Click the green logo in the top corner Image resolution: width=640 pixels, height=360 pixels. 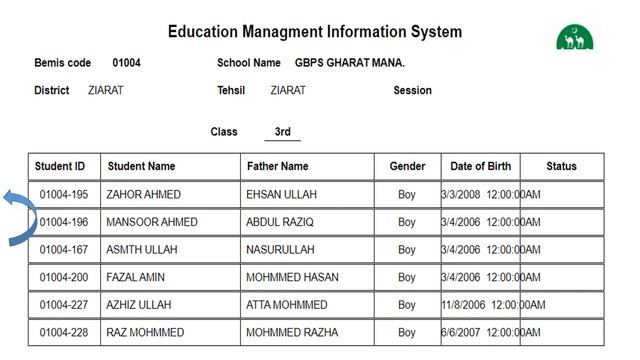pyautogui.click(x=574, y=36)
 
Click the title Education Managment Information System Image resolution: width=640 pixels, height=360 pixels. pyautogui.click(x=315, y=32)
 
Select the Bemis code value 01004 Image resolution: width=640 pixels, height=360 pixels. pyautogui.click(x=126, y=63)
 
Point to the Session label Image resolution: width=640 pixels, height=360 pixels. pyautogui.click(x=412, y=90)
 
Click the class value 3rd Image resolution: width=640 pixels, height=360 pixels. pyautogui.click(x=282, y=131)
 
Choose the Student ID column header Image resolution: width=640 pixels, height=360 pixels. pyautogui.click(x=60, y=166)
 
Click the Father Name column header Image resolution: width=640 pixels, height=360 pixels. pyautogui.click(x=277, y=166)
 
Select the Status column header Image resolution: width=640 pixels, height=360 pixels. pyautogui.click(x=561, y=166)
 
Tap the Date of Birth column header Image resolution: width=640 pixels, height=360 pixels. pyautogui.click(x=480, y=166)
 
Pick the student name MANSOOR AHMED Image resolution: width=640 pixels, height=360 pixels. pyautogui.click(x=152, y=222)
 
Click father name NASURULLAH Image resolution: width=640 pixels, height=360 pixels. pyautogui.click(x=280, y=249)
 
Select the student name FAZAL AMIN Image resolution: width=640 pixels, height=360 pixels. pyautogui.click(x=137, y=277)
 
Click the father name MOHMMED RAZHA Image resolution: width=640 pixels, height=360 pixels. pyautogui.click(x=292, y=332)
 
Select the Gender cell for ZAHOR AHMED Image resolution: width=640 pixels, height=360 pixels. pyautogui.click(x=406, y=194)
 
